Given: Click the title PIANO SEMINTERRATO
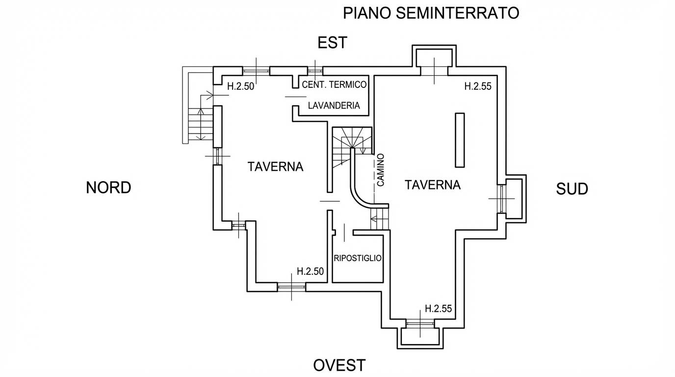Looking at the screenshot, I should (x=431, y=13).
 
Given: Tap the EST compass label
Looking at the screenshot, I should (x=332, y=43).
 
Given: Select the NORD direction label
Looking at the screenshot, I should (x=108, y=188).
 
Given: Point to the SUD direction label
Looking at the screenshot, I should (x=572, y=189).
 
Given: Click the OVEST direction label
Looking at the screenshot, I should (x=339, y=365).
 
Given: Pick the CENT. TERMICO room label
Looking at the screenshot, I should (x=334, y=84).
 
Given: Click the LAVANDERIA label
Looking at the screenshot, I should (x=334, y=105).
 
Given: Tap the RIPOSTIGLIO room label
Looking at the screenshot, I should (x=358, y=258).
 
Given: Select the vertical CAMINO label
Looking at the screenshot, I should (x=381, y=170).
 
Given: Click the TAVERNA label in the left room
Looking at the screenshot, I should (x=275, y=167).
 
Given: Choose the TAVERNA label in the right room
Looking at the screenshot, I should (x=433, y=185).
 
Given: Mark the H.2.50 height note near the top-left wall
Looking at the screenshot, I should (x=241, y=87).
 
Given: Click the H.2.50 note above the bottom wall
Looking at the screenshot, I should (x=310, y=271).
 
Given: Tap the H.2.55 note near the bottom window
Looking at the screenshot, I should (x=438, y=309).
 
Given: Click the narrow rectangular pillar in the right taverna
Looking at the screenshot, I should (x=459, y=140).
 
